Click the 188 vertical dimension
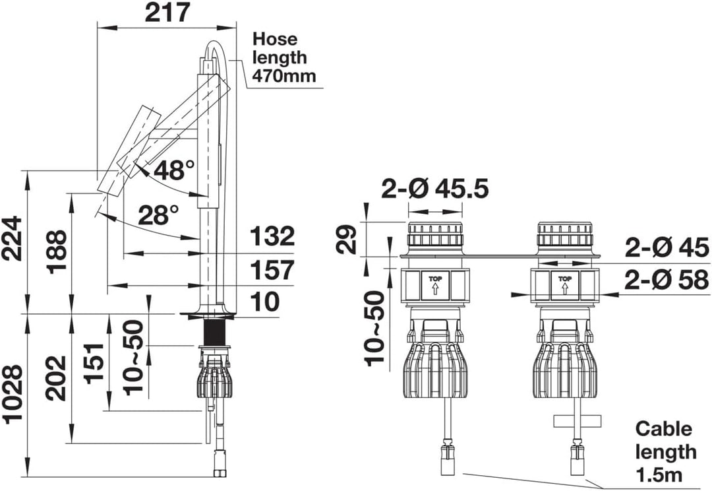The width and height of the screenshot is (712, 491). pos(57,252)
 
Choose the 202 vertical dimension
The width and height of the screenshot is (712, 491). pos(57,378)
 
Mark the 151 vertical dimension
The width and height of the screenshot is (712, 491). pos(96,364)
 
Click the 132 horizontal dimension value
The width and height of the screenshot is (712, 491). pos(272,236)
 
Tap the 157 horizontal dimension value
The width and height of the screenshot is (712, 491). pos(272,270)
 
